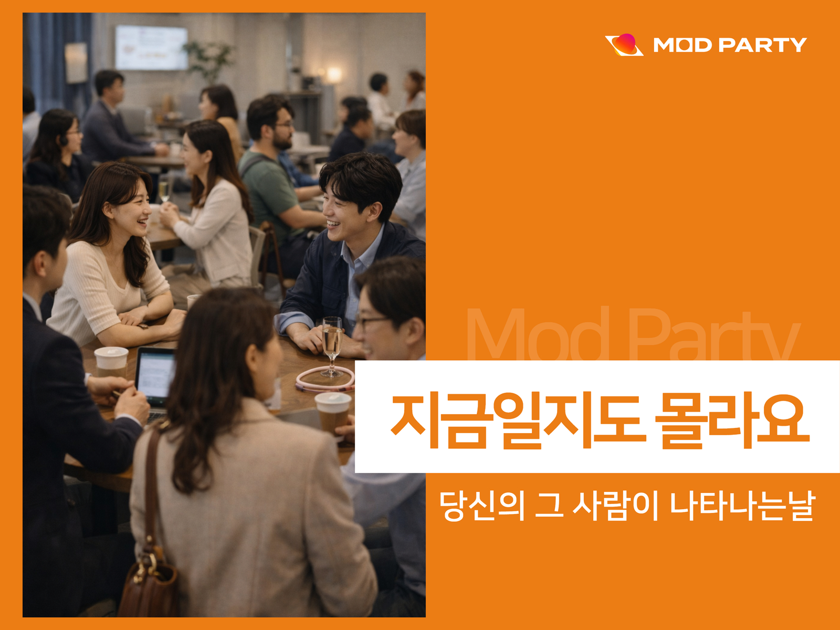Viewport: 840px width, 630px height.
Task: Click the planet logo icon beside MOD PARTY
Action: pyautogui.click(x=624, y=45)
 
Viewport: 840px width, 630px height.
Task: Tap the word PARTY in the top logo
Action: pyautogui.click(x=762, y=45)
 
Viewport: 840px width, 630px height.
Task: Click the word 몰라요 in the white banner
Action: pyautogui.click(x=732, y=420)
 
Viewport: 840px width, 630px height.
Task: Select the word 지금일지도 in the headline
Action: pyautogui.click(x=515, y=420)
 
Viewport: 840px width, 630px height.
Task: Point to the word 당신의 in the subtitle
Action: pyautogui.click(x=481, y=505)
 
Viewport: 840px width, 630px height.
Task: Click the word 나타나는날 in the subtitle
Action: pyautogui.click(x=742, y=505)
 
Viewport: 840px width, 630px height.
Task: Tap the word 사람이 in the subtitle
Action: pyautogui.click(x=615, y=505)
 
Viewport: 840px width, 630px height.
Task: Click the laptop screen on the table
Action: pyautogui.click(x=155, y=374)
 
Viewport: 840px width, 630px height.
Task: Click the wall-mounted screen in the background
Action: pyautogui.click(x=151, y=47)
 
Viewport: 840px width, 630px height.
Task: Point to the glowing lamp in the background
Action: pyautogui.click(x=334, y=75)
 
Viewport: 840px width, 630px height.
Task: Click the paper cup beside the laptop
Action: pyautogui.click(x=111, y=362)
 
